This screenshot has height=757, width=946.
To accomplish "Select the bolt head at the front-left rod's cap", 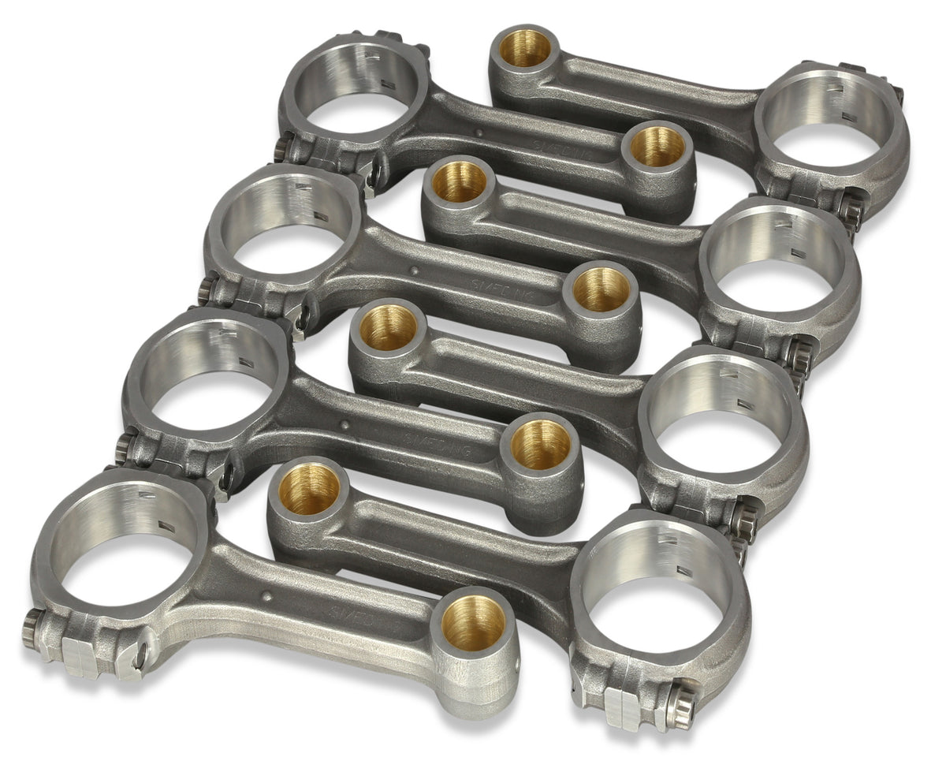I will [32, 627].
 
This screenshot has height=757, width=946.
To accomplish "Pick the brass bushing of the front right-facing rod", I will [309, 489].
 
